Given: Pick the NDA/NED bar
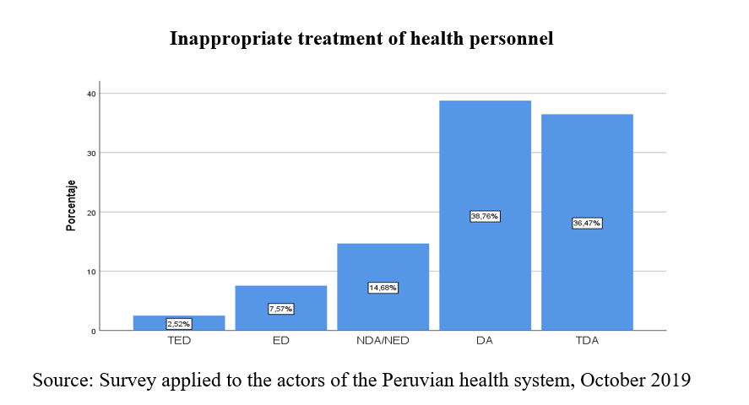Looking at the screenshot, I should [383, 270].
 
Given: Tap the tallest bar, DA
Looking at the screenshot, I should [485, 169].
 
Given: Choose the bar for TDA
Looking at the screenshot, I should [587, 177].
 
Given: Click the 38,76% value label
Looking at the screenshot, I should [485, 217].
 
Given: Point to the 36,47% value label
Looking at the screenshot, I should [587, 224].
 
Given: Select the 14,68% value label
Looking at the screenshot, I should [383, 288].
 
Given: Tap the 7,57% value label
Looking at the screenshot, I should [281, 309].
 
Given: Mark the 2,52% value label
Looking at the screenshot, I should [179, 324].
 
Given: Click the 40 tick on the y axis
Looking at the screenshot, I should [90, 93].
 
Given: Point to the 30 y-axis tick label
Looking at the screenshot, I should [90, 153].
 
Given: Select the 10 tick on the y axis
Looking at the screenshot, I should [90, 272].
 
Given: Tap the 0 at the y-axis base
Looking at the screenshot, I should [93, 331].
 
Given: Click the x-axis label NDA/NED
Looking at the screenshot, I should [383, 343].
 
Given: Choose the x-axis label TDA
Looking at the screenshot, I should [587, 343].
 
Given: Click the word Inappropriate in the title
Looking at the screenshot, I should [222, 39].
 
